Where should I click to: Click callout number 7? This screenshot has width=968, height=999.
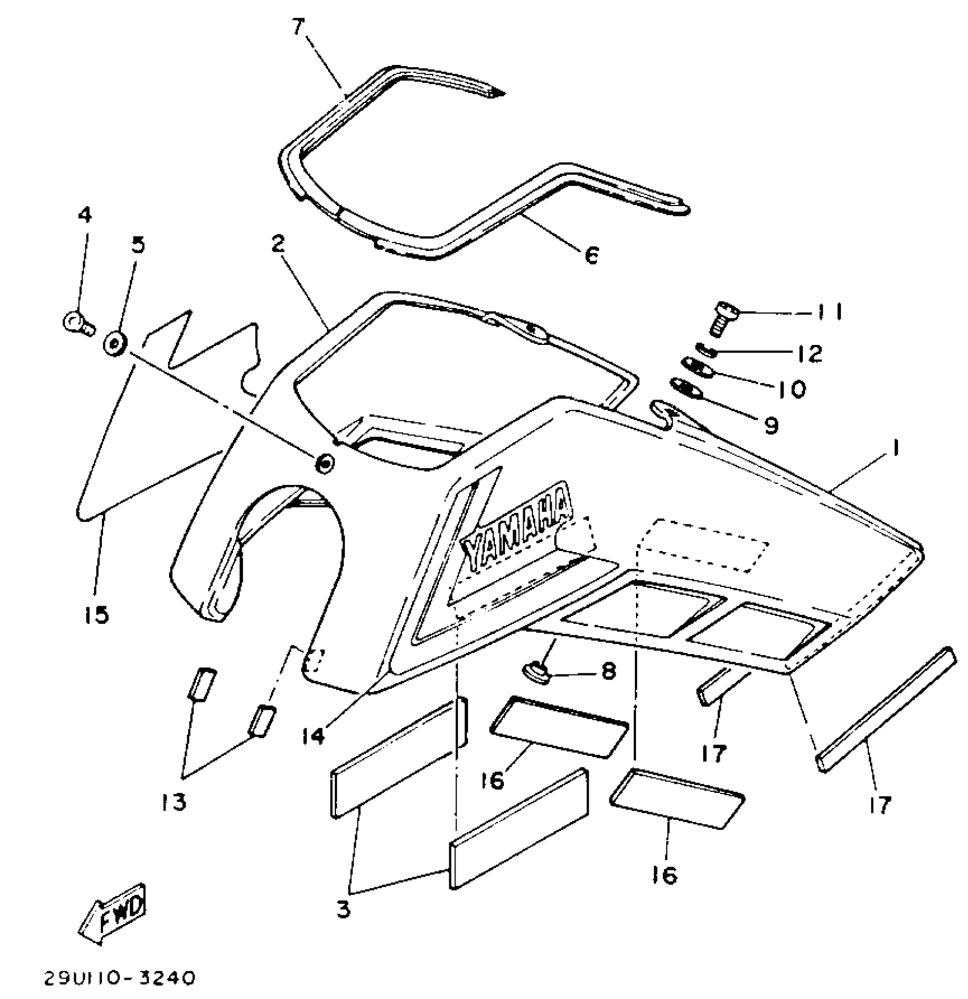click(x=298, y=27)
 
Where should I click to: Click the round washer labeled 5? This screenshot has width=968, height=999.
click(x=114, y=343)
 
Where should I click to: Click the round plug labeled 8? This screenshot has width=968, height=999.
click(x=538, y=672)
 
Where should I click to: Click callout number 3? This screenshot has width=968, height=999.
click(x=343, y=909)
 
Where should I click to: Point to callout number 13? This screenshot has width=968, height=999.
click(x=174, y=801)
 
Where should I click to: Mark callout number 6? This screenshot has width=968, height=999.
click(x=591, y=255)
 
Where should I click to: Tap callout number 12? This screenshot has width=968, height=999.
click(x=810, y=353)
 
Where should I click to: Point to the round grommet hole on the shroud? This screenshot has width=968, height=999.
click(x=325, y=463)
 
